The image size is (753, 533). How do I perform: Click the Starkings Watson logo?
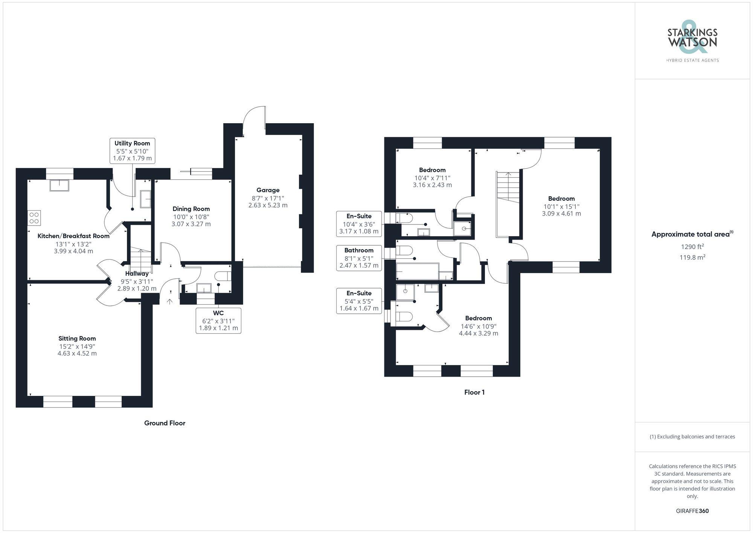coord(692,41)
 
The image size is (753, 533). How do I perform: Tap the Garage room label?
coord(268,190)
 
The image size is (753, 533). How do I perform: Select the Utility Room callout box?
coord(132,151)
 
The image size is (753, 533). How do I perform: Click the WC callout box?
coord(218,321)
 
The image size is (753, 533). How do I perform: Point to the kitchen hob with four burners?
coord(34,218)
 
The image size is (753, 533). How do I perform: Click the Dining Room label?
coord(191,209)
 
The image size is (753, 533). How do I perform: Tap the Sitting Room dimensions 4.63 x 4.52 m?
coord(77,353)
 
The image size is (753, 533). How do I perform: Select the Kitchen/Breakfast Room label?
coord(73,236)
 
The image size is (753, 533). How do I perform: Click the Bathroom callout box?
coord(359,258)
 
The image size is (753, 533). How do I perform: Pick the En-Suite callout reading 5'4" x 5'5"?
coord(359,301)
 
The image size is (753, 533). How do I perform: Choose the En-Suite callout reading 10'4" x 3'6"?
coord(359,224)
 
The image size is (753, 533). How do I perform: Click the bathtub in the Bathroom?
coord(418,271)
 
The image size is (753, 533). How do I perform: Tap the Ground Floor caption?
coord(165,423)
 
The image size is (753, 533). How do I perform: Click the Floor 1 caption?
coord(474,392)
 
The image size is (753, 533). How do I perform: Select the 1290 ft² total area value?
coord(692,247)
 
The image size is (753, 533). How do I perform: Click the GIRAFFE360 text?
coord(692,511)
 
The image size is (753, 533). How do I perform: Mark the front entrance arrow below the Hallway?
coord(170,301)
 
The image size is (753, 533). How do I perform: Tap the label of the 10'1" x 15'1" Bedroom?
coord(561,199)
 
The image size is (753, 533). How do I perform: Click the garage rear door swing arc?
coord(253,117)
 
